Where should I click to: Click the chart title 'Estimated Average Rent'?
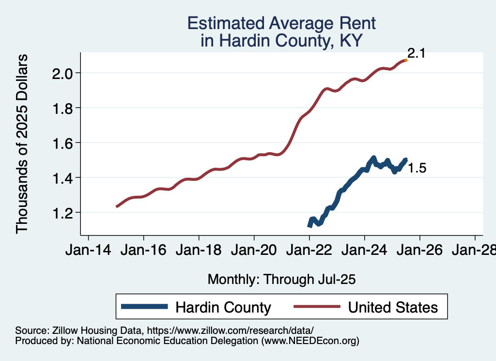[281, 23]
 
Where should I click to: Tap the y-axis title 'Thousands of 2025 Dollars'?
[22, 143]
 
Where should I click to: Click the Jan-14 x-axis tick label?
[88, 251]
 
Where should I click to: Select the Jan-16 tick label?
[143, 251]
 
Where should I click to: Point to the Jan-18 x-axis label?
[199, 251]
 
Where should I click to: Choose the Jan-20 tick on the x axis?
[254, 251]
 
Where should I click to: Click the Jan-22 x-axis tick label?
[309, 251]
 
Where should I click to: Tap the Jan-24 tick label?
[364, 251]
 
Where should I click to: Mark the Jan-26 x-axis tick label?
[419, 251]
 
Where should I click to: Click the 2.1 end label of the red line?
[416, 53]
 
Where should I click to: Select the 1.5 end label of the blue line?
[417, 169]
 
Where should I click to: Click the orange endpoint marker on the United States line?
[405, 60]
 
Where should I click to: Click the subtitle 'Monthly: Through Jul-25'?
[281, 280]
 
